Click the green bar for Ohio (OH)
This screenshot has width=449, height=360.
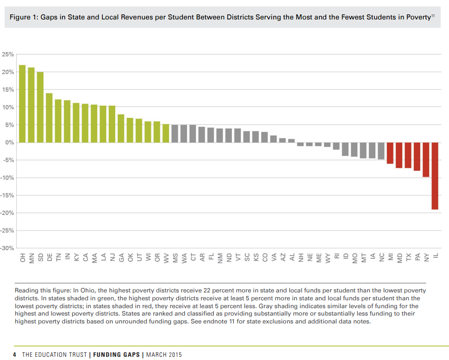(x=22, y=104)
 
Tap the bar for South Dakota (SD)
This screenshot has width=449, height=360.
(x=40, y=107)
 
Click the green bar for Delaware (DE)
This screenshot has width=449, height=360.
(x=49, y=118)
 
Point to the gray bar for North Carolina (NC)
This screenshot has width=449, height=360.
(x=381, y=151)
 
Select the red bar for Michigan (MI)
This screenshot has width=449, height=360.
(x=390, y=153)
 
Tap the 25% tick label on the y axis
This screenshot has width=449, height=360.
(x=8, y=55)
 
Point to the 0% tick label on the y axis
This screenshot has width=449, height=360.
(x=10, y=143)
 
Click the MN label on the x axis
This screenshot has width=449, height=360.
(x=31, y=258)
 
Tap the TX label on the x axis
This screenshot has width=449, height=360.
(x=408, y=258)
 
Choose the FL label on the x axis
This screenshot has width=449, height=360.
(x=211, y=258)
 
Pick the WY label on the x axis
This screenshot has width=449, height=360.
(x=328, y=258)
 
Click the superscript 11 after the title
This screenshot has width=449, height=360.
(x=433, y=16)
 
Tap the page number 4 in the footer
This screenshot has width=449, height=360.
(x=15, y=354)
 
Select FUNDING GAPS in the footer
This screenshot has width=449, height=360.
(x=118, y=354)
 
